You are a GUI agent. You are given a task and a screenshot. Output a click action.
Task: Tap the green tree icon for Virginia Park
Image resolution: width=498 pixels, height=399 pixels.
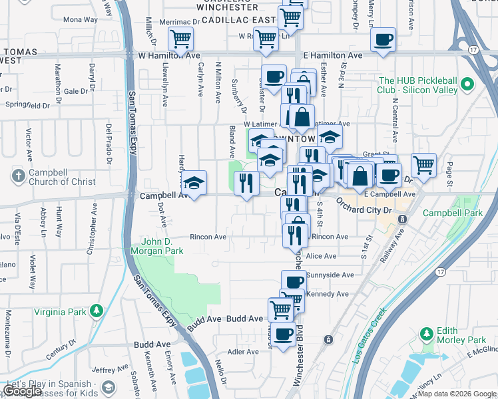97,311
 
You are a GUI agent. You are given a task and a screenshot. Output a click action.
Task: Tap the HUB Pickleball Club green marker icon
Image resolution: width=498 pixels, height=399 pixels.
467,84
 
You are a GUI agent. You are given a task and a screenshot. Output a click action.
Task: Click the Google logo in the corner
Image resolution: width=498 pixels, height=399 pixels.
22,391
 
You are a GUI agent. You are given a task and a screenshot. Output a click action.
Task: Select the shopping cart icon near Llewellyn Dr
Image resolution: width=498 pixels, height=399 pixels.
180,40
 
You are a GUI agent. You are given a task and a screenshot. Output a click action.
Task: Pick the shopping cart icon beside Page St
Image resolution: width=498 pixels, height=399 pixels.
423,164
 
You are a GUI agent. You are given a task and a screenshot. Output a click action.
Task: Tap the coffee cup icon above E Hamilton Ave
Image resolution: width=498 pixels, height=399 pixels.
383,39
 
